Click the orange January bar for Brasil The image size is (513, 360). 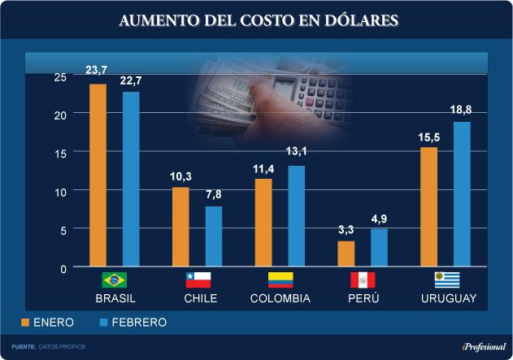coord(98,175)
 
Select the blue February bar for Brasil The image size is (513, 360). coord(131,179)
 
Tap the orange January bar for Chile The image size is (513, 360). coord(180,227)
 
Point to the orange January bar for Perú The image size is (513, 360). coord(346,254)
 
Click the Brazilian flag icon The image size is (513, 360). coord(114,280)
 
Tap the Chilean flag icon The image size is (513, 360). coord(198,280)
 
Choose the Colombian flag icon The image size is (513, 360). coord(280,280)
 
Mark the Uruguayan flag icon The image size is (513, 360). coord(447,280)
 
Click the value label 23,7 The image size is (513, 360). coord(98,71)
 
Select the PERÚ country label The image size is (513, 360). coord(363,298)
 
